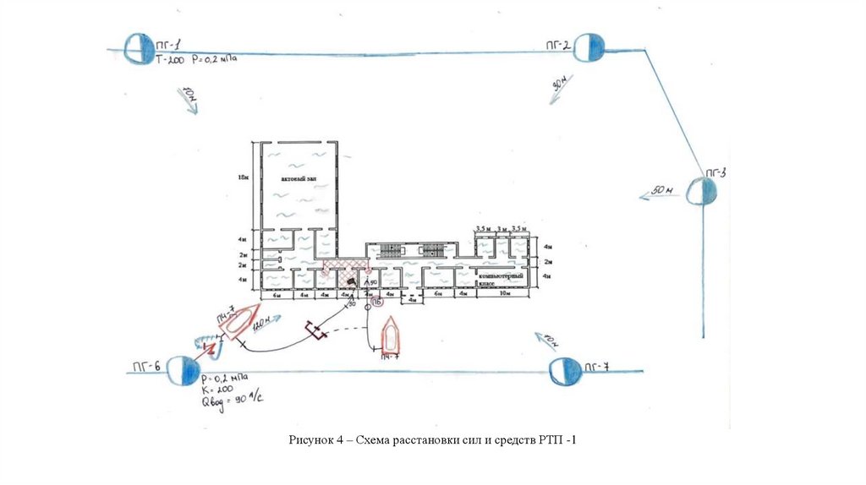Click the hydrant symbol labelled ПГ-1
click(137, 48)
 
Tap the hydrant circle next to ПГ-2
click(589, 48)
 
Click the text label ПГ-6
click(145, 367)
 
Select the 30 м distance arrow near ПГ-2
click(561, 88)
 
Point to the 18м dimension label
click(244, 178)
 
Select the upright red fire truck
click(391, 335)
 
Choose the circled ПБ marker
click(377, 300)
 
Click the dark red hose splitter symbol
click(317, 330)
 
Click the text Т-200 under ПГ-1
click(170, 60)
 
